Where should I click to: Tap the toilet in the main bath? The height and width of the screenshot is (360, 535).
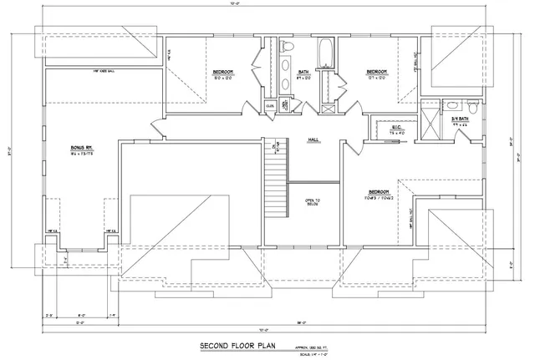click(x=286, y=47)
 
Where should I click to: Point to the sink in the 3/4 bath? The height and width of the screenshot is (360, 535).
click(x=452, y=106)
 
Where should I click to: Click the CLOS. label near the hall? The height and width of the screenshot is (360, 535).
click(x=270, y=105)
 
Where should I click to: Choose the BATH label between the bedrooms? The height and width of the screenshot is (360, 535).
click(x=303, y=73)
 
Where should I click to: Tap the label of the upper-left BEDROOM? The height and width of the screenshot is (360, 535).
click(x=222, y=73)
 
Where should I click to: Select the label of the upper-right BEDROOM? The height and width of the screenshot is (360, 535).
click(x=376, y=73)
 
